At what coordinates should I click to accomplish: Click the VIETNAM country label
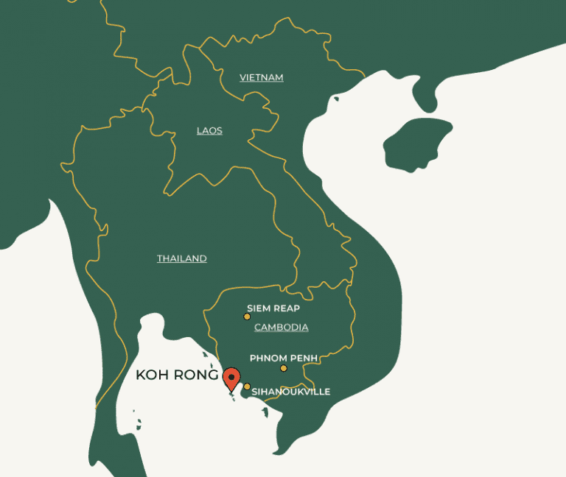tap(262, 77)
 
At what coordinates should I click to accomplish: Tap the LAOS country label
tap(209, 130)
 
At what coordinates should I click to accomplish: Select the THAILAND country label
tap(181, 258)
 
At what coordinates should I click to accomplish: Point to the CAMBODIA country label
tap(281, 327)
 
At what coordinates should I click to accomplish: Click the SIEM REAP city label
tap(273, 308)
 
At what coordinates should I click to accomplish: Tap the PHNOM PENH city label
tap(284, 358)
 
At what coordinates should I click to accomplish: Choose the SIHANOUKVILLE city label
tap(291, 392)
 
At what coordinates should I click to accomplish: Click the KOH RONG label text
tap(178, 375)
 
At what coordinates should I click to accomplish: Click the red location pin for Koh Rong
tap(232, 378)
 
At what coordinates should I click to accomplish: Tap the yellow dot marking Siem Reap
tap(247, 317)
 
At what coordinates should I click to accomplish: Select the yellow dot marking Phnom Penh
tap(283, 368)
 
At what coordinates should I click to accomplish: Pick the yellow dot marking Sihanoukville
tap(247, 386)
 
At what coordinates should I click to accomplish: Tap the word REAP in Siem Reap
tap(287, 308)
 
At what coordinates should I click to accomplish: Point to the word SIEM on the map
tap(259, 308)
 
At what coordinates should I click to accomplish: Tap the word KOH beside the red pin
tap(150, 375)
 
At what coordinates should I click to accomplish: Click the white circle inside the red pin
tap(232, 375)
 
